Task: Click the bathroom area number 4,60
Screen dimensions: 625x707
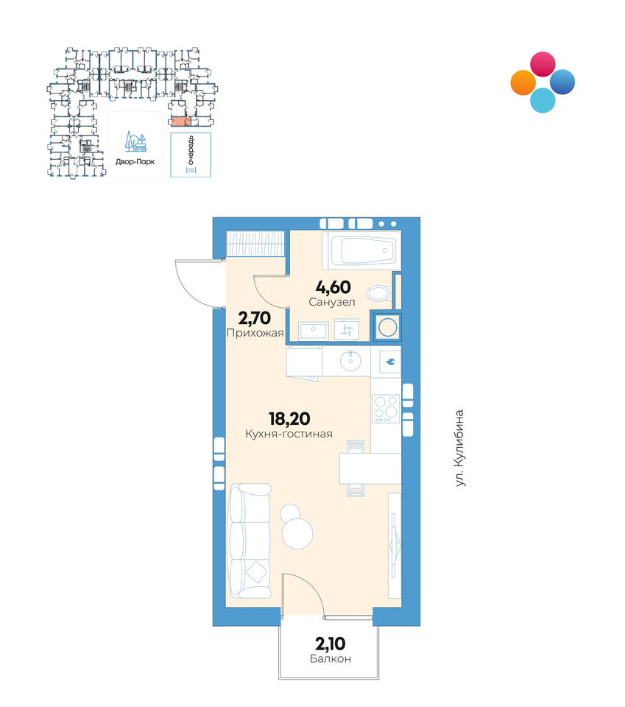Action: pos(333,287)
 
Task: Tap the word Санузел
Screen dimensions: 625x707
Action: pos(332,302)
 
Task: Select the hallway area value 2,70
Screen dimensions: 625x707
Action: pos(254,318)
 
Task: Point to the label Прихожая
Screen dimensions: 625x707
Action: pos(255,333)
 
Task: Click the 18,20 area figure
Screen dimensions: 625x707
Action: pos(289,419)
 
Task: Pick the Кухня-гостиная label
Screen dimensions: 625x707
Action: pos(289,435)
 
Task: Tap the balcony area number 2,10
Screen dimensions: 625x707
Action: pos(330,644)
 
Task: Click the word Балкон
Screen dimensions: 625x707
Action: pos(331,658)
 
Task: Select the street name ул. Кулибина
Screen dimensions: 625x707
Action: pos(459,448)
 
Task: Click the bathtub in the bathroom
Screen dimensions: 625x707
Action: pos(362,250)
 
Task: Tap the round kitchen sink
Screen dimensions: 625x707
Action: pos(350,361)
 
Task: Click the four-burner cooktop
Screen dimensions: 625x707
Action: pos(386,409)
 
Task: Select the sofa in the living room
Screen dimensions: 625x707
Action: pos(250,541)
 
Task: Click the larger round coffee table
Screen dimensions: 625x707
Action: pos(297,533)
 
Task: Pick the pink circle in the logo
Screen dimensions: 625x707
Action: pos(543,64)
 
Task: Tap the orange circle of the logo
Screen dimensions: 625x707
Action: pos(523,83)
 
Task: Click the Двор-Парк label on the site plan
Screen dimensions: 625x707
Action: pos(135,161)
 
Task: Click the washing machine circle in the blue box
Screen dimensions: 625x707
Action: pos(388,327)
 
